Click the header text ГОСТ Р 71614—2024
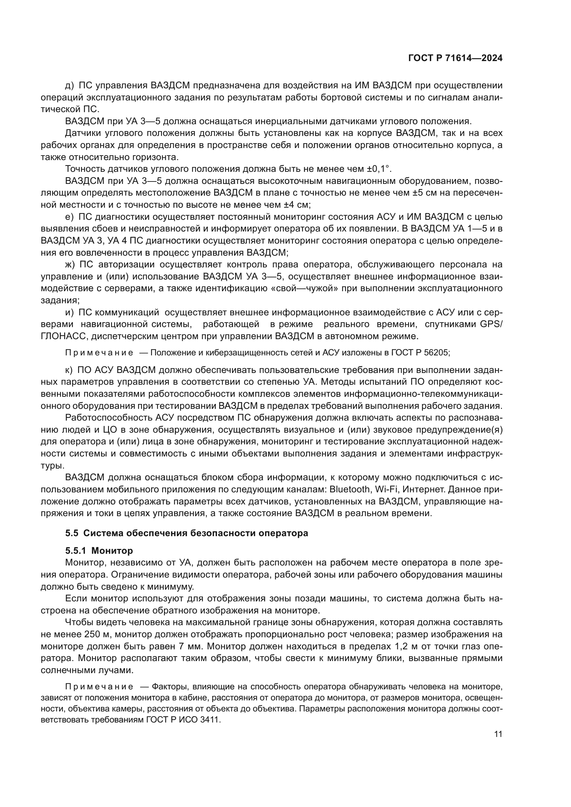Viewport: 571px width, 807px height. (455, 58)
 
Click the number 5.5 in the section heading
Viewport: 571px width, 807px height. (71, 533)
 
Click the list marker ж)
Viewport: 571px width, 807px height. (70, 265)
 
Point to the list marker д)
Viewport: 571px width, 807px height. (69, 86)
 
